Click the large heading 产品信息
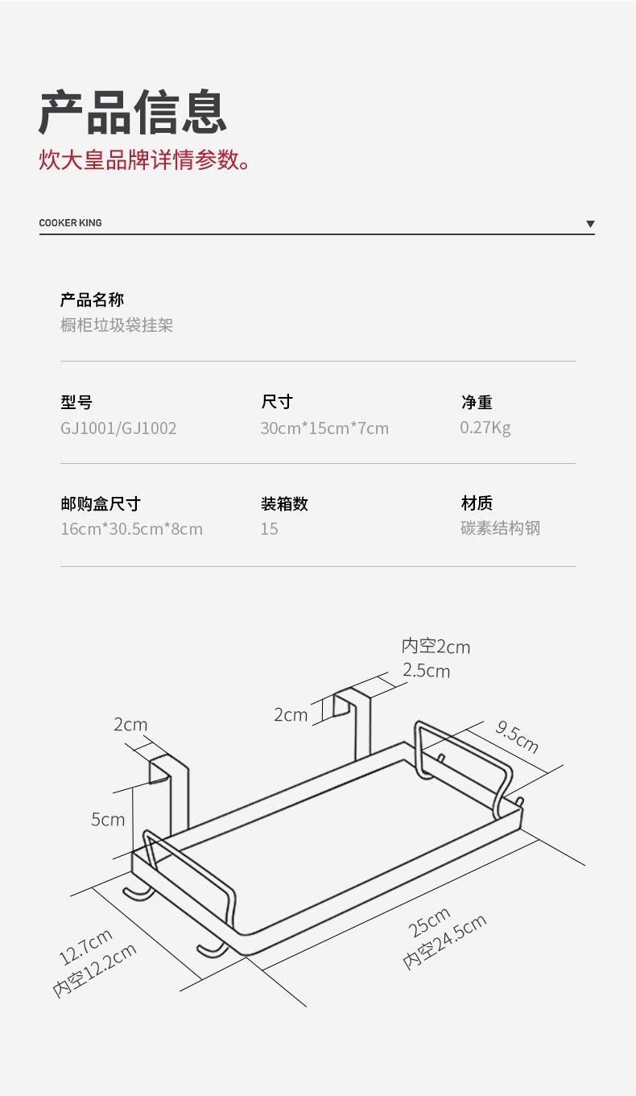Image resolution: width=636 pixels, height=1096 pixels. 133,112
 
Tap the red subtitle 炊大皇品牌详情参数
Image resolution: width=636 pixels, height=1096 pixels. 144,159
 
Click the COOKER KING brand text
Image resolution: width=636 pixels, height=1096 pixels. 71,222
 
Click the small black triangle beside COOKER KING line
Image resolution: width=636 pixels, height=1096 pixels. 590,224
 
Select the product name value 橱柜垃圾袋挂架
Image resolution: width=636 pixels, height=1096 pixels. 117,325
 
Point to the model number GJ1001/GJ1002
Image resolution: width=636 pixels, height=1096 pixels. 118,428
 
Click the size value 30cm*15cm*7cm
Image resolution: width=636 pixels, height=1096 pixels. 324,428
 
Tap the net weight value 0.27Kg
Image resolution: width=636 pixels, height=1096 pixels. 485,428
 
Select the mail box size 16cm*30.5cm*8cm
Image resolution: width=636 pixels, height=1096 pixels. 131,529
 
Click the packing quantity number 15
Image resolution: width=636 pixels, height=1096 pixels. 269,529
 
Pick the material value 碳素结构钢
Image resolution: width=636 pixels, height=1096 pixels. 500,528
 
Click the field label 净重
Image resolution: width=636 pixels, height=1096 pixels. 477,402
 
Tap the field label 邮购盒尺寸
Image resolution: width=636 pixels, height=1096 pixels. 101,503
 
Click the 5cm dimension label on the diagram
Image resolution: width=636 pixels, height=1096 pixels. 108,819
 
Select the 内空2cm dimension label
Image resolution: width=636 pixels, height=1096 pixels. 436,646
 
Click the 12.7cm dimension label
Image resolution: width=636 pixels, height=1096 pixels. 85,947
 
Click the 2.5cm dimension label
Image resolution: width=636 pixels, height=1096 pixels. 426,670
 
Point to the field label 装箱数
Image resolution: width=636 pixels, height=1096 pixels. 284,503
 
